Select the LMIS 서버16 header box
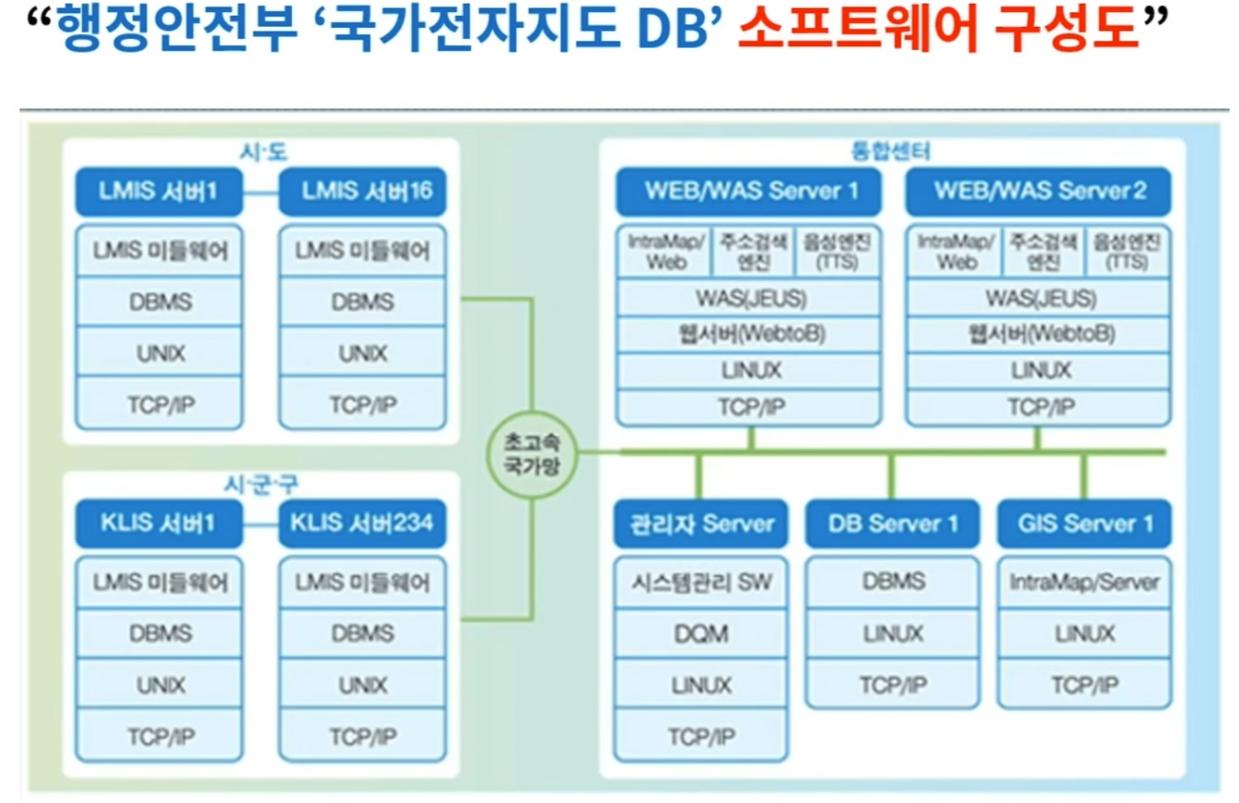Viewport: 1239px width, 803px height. (362, 192)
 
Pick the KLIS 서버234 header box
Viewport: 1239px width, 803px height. (362, 524)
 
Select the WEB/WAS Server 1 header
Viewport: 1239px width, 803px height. (750, 192)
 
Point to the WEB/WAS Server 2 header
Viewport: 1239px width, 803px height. (1039, 192)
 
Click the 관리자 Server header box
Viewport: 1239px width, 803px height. (701, 524)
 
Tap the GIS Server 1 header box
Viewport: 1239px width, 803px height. (1084, 524)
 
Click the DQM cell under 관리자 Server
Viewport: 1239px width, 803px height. (701, 634)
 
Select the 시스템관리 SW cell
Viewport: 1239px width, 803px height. (701, 582)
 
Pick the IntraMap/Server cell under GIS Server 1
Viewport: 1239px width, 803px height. (1084, 582)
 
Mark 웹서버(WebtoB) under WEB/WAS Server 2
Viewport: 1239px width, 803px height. (1039, 334)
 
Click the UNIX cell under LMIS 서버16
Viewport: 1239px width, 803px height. (362, 353)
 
